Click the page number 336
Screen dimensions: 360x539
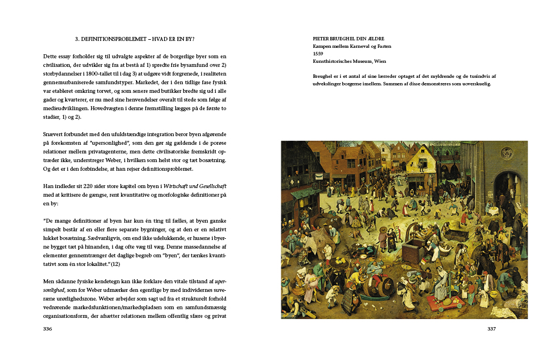coord(48,329)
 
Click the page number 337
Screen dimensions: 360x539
coord(492,329)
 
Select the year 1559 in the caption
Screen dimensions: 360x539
coord(318,53)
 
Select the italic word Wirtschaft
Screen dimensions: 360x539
coord(179,187)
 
